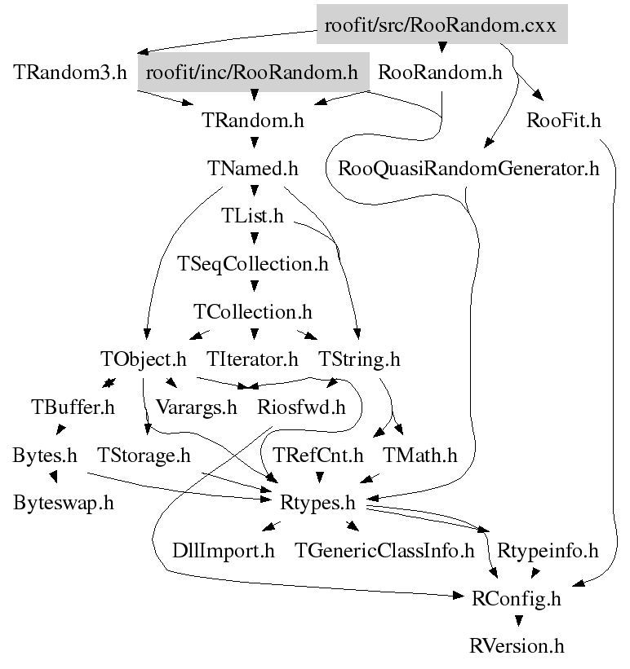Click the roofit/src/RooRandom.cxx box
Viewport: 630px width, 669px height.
[441, 25]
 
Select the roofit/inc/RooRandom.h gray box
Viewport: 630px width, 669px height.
[253, 73]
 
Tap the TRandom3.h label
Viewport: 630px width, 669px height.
[70, 73]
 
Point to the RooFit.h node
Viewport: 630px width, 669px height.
[564, 121]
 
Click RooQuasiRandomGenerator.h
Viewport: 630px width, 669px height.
[468, 169]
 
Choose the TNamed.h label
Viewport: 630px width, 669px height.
[253, 169]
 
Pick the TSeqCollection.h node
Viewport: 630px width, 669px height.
[253, 264]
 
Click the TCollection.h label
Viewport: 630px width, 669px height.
[253, 311]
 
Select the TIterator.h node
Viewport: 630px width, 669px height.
[253, 359]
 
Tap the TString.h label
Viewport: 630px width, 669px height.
[359, 359]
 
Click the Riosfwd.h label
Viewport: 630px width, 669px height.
[301, 406]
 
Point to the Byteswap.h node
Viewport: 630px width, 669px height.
[63, 501]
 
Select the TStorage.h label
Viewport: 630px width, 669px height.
[143, 454]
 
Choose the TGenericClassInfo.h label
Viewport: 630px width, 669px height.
[385, 550]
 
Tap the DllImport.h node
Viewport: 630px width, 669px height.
[224, 550]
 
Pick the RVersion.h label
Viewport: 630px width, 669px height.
[517, 646]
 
